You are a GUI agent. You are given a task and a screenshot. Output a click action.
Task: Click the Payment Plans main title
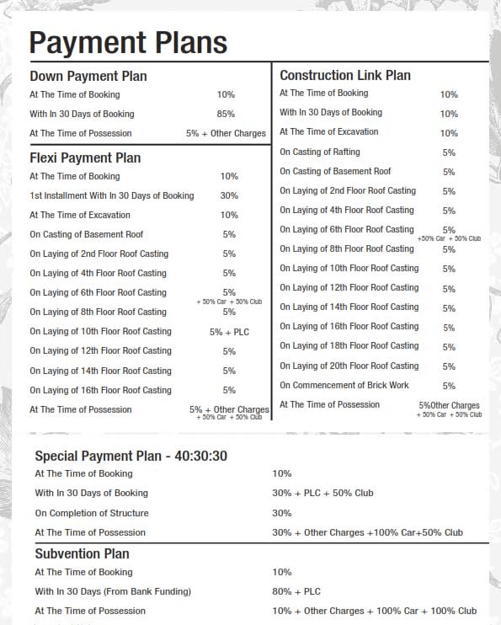[128, 42]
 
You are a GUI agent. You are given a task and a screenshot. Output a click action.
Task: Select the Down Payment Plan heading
[88, 76]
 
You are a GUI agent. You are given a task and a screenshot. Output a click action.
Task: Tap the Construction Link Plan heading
[345, 75]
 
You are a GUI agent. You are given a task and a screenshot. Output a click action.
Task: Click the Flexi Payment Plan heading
[85, 158]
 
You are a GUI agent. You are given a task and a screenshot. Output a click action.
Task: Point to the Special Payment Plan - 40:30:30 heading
[131, 456]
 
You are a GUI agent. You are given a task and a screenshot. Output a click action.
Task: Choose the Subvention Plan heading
[83, 553]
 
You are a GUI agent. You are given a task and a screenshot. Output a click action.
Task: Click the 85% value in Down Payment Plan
[226, 114]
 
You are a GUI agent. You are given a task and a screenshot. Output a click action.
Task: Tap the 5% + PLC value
[229, 332]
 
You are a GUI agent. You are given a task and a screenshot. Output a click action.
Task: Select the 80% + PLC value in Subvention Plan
[296, 591]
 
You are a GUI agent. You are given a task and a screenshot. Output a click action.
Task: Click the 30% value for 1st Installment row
[229, 195]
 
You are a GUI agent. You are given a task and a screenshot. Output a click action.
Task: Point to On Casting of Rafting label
[320, 152]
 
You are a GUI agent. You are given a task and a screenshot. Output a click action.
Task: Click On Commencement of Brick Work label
[344, 385]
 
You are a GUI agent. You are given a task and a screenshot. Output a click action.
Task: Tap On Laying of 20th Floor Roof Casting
[349, 366]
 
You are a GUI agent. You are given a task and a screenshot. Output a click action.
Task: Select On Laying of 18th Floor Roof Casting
[349, 345]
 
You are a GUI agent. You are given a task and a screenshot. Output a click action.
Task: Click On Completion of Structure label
[92, 513]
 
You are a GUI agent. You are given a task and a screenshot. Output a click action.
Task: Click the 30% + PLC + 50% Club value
[322, 493]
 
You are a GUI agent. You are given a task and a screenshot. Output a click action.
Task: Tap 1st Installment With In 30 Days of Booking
[112, 195]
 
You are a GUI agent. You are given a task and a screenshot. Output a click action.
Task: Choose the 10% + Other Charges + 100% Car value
[374, 611]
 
